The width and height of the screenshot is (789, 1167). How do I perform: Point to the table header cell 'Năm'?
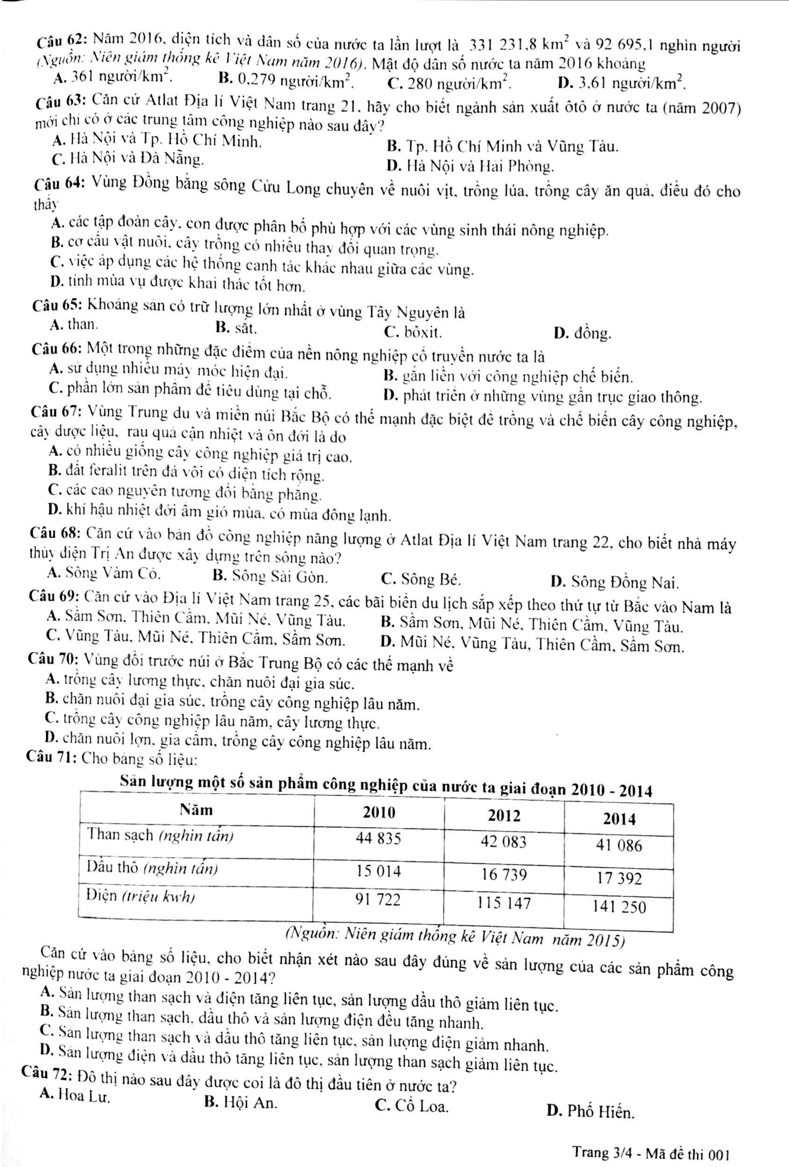pyautogui.click(x=196, y=810)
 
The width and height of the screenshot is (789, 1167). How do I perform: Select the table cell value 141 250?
pyautogui.click(x=619, y=907)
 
